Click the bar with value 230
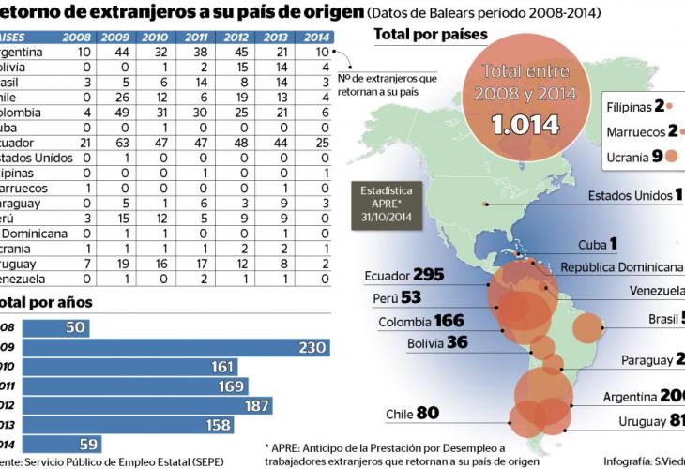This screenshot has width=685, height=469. pyautogui.click(x=174, y=348)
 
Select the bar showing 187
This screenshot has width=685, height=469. pyautogui.click(x=145, y=405)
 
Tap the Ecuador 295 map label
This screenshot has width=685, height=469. pyautogui.click(x=403, y=276)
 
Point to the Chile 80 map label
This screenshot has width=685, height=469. pyautogui.click(x=412, y=413)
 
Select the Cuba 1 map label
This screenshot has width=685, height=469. pyautogui.click(x=597, y=244)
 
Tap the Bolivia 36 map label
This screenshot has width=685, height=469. pyautogui.click(x=436, y=342)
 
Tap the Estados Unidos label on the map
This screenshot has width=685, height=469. pyautogui.click(x=630, y=195)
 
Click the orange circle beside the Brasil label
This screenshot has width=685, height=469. pyautogui.click(x=587, y=328)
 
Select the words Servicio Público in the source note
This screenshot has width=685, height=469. pyautogui.click(x=94, y=461)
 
